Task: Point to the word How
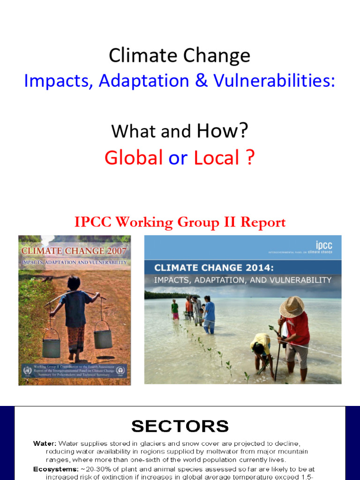tap(217, 131)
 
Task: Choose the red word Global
tap(134, 158)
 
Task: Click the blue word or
tap(178, 158)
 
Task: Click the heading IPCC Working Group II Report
tap(180, 222)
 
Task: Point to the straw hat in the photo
tap(292, 307)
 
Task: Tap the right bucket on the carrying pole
tap(103, 336)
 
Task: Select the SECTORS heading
tap(180, 426)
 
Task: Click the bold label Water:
tap(45, 443)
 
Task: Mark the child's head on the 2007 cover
tap(74, 283)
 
